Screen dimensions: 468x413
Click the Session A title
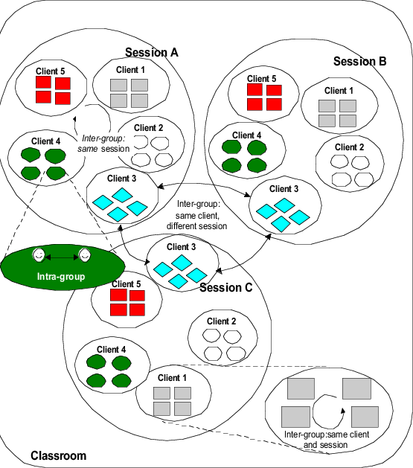coord(152,53)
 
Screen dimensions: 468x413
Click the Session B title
coord(359,61)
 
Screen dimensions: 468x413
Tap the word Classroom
coord(58,455)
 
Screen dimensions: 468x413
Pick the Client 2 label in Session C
coord(222,321)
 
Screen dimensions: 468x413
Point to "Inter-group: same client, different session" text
coord(202,214)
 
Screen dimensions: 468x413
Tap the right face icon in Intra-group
coord(86,255)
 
